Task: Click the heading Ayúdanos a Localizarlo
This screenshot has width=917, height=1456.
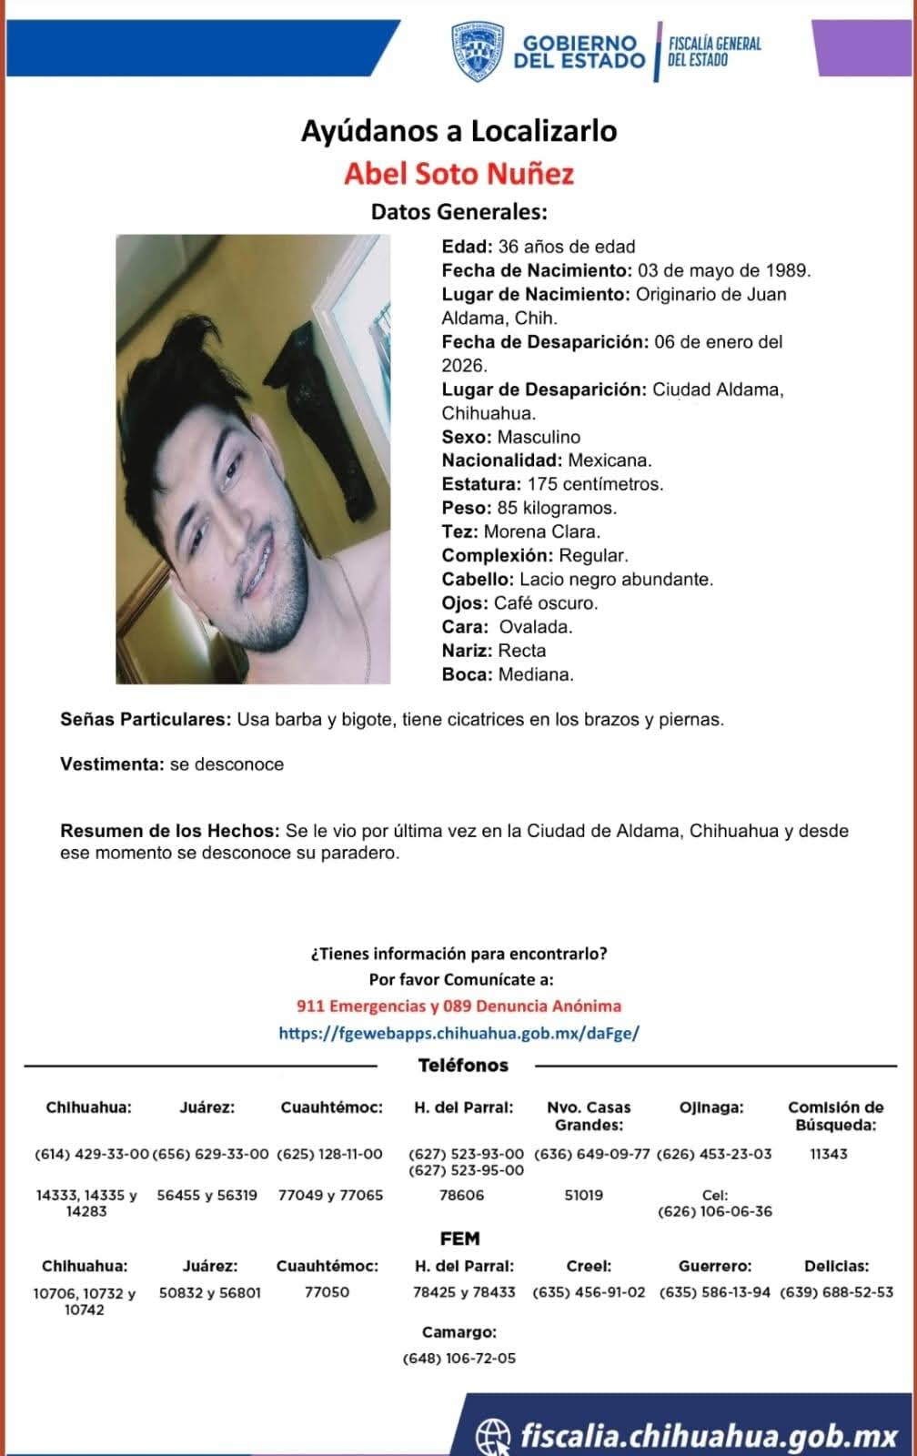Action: [458, 131]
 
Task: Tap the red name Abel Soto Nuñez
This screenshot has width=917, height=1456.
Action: [458, 173]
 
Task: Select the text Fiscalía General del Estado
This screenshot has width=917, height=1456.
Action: [714, 52]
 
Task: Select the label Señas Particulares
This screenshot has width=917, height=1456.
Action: [146, 719]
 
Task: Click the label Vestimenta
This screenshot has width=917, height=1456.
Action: [112, 764]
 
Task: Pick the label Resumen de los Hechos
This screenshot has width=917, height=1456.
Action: [169, 831]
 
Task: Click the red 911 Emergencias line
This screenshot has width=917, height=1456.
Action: [458, 1006]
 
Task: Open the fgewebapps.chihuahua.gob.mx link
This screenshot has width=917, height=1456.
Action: [458, 1033]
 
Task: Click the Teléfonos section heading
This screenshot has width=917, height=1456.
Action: [463, 1065]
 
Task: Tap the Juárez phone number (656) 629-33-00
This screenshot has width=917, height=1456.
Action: [210, 1154]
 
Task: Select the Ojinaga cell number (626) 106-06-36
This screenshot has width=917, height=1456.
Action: [714, 1211]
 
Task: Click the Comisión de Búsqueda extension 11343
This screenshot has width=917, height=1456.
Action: [828, 1154]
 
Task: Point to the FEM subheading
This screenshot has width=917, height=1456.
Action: [459, 1239]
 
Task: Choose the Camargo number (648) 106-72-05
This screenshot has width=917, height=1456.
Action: [458, 1358]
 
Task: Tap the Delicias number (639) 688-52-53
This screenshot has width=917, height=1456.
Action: [836, 1291]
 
